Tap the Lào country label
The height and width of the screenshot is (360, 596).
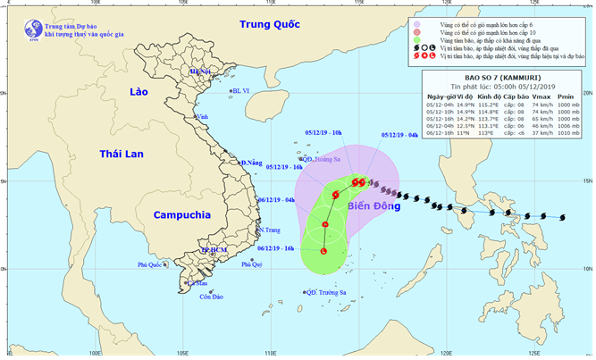click(138, 93)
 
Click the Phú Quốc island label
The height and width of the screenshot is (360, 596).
click(153, 264)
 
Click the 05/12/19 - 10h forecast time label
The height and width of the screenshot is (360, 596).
click(323, 132)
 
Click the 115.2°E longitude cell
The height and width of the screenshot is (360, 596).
click(486, 105)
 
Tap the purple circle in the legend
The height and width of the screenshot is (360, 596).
click(419, 22)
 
